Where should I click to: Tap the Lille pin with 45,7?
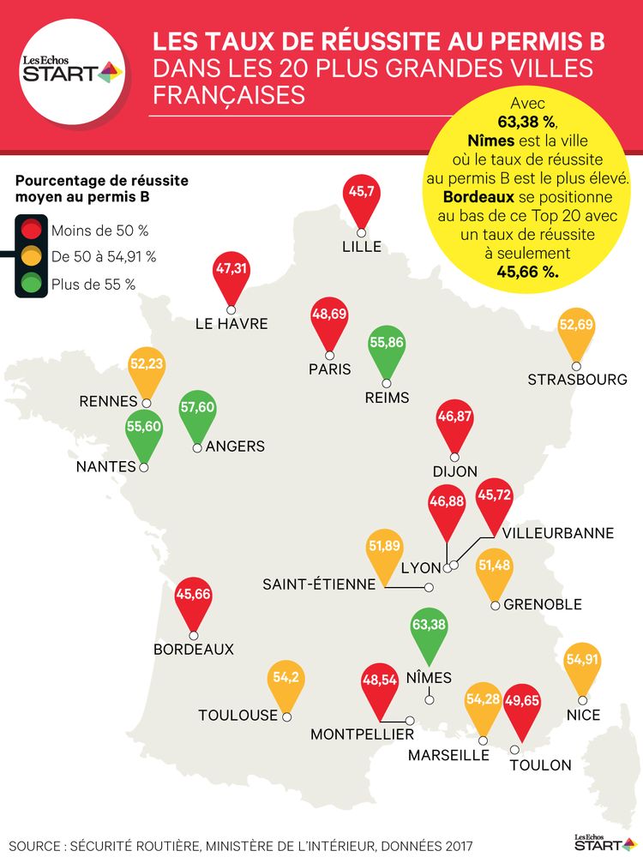click(x=361, y=195)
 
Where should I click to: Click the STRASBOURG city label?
click(x=577, y=380)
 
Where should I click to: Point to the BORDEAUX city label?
click(x=194, y=650)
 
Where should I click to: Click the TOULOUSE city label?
click(x=238, y=715)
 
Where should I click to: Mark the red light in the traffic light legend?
click(x=33, y=229)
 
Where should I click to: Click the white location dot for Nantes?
click(x=144, y=467)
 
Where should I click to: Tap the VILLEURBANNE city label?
click(x=558, y=533)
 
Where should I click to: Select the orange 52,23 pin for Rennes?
click(x=147, y=367)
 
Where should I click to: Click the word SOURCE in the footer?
click(x=39, y=844)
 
